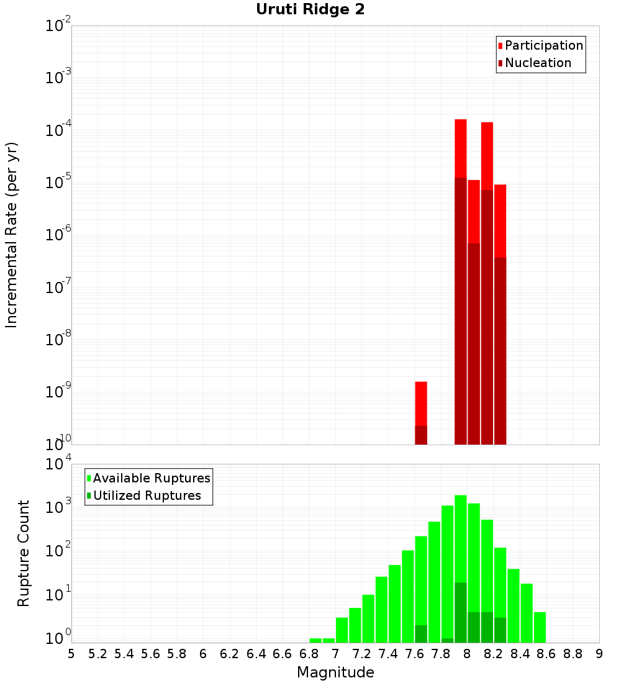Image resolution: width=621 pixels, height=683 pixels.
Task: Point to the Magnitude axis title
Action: coord(335,672)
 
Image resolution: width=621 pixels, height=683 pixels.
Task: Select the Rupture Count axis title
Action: coord(24,553)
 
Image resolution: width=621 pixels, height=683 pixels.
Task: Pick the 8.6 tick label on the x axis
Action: coord(546,653)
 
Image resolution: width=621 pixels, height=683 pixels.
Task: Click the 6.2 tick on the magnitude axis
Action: coord(230,653)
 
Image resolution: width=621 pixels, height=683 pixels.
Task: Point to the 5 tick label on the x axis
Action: coord(71,653)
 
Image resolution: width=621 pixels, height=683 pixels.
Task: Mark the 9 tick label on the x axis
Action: coord(599,653)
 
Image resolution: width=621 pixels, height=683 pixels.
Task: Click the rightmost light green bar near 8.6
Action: coord(540,627)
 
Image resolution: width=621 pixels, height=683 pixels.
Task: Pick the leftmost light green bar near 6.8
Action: coord(315,640)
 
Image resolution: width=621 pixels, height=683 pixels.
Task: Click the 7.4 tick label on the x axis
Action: coord(388,653)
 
